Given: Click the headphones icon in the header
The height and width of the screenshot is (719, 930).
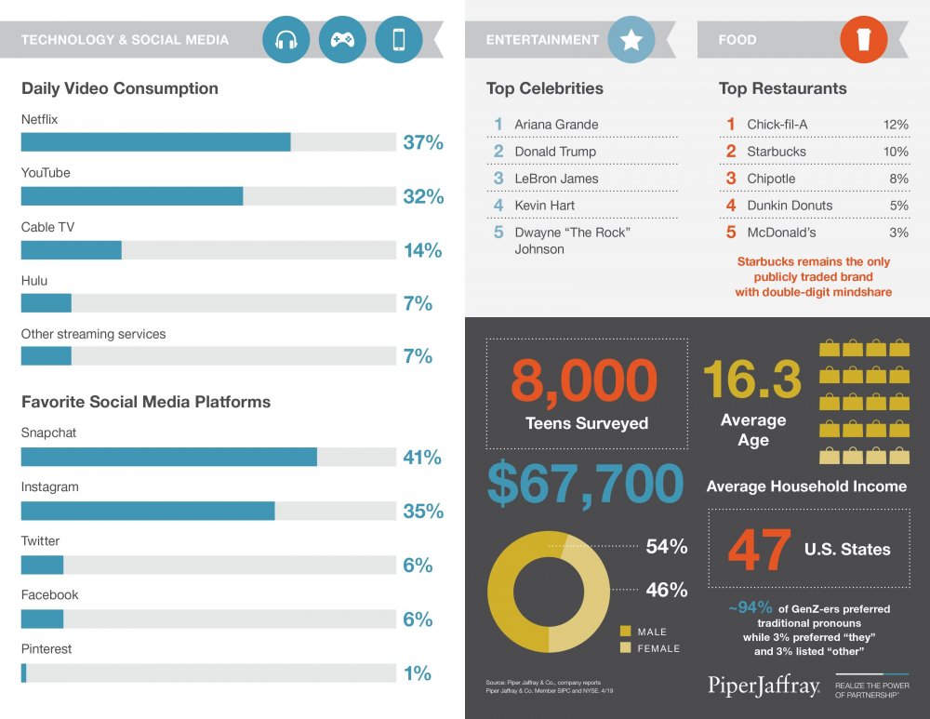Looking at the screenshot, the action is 286,40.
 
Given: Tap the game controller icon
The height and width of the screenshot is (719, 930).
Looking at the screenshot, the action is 342,40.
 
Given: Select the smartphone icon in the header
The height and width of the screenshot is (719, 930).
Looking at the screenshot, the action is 399,40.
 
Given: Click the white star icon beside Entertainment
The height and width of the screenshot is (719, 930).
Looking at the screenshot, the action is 631,40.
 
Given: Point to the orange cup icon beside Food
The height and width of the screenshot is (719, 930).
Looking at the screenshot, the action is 864,40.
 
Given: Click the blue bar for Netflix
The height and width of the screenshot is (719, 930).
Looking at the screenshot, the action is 156,142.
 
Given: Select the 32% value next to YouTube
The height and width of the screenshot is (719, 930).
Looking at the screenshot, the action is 423,196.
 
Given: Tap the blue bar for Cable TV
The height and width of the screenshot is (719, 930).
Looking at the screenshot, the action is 72,250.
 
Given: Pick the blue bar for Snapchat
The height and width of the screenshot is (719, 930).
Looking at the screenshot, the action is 169,457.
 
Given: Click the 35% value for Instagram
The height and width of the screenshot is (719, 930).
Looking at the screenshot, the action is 423,511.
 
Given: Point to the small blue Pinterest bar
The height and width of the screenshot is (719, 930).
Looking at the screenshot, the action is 24,672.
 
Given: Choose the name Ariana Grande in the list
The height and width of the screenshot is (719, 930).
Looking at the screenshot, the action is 556,125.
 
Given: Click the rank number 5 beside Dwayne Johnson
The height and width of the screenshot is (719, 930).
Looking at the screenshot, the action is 498,232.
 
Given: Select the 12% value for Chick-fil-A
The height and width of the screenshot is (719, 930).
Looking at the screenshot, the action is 896,125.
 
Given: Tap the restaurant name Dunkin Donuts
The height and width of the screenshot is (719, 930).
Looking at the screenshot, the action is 790,206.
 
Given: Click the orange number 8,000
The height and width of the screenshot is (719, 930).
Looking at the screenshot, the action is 584,380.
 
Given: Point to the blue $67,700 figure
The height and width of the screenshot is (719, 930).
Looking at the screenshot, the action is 585,484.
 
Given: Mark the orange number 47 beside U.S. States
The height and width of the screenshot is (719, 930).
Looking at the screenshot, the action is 759,550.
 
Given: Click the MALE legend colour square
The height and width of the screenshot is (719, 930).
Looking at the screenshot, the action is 625,631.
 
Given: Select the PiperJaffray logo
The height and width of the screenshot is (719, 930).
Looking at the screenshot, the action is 764,686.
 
